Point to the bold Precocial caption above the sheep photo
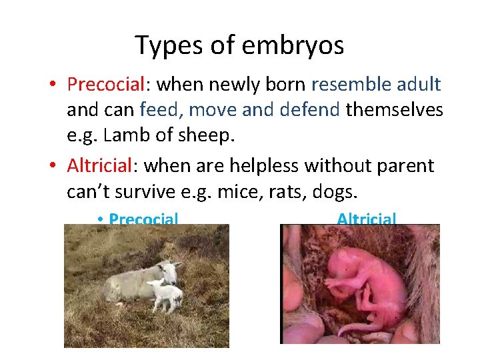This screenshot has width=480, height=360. pyautogui.click(x=143, y=219)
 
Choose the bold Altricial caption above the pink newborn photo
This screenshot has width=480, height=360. pyautogui.click(x=367, y=219)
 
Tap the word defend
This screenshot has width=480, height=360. pyautogui.click(x=311, y=109)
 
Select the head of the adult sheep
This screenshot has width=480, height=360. pyautogui.click(x=171, y=270)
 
